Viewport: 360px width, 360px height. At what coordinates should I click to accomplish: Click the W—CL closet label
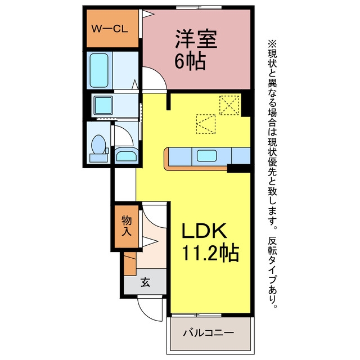point(110,29)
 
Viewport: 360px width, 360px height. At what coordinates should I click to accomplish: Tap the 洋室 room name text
point(196,39)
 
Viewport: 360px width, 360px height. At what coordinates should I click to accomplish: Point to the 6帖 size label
point(190,61)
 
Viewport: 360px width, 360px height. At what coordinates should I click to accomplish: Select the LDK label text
point(204,231)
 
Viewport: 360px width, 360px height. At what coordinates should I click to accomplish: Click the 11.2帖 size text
point(210,253)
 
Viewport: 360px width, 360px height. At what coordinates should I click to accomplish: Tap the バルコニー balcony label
point(209,332)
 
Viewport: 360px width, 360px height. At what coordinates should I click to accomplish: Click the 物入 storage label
point(127,226)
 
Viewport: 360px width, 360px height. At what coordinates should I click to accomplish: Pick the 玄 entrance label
point(145,282)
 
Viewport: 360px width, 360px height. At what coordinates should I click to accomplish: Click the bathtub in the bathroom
point(99,70)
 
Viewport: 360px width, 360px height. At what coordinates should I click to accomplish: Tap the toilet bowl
point(98,145)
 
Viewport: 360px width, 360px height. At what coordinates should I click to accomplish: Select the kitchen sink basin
point(206,156)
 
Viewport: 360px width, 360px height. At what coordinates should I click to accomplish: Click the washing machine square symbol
point(103,105)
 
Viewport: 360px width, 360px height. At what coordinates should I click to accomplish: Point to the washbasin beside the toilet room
point(126,155)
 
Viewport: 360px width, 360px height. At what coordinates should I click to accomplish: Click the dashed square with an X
point(229,105)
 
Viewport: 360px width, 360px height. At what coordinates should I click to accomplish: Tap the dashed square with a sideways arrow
point(206,124)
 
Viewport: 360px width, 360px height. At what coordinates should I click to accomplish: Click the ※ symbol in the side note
point(272,43)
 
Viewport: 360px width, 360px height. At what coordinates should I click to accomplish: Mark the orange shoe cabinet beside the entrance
point(130,264)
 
